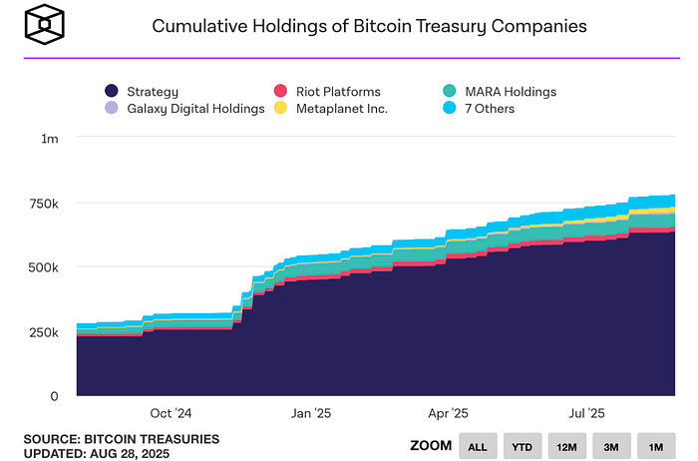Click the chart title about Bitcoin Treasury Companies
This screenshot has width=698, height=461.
(369, 25)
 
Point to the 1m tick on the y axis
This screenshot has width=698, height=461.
(49, 138)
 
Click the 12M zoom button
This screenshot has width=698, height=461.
(566, 446)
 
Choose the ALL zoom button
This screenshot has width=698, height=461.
(478, 446)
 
